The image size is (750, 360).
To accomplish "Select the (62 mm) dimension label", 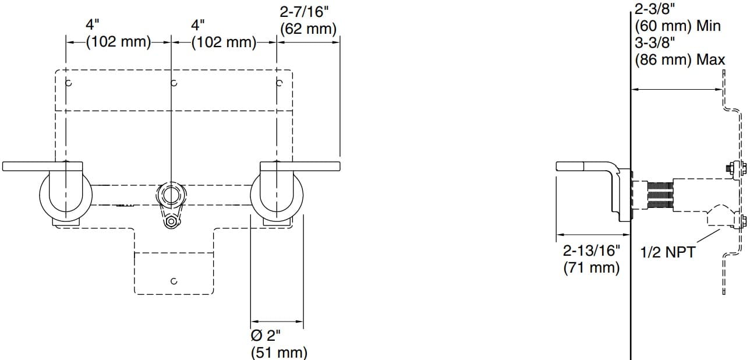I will coord(309,29).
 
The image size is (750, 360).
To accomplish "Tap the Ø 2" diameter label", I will coord(266,336).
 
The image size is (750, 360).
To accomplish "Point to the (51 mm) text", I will coord(278,352).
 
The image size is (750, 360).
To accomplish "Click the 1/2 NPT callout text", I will coord(667,253).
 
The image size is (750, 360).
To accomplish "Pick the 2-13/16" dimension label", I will coord(591,252).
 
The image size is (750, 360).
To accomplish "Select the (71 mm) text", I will coord(591,268).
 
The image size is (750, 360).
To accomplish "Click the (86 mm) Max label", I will coord(680,59).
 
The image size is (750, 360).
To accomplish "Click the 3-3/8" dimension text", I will coord(655,43).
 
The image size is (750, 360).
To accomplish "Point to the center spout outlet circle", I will coord(171,195).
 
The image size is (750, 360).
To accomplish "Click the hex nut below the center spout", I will coord(171,221).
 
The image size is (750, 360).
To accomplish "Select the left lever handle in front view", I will coord(44,166).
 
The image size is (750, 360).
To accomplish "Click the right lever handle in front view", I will coord(300,166).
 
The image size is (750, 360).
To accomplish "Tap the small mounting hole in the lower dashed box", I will coord(174,281).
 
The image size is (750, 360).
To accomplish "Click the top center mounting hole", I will coord(174,83).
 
